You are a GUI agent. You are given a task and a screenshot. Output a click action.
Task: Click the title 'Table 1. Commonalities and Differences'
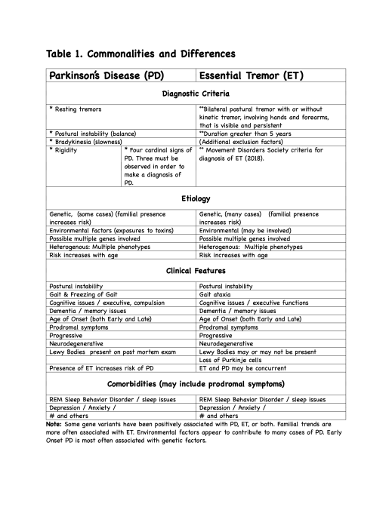[140, 54]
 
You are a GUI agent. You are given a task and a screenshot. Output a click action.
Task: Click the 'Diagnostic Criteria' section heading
[196, 94]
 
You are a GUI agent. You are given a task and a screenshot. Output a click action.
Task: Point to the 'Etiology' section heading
[196, 198]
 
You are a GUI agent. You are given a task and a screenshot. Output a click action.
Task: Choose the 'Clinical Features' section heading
[196, 270]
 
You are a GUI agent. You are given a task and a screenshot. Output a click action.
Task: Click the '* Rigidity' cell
[63, 150]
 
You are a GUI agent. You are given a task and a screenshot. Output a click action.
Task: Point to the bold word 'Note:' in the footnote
[55, 434]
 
